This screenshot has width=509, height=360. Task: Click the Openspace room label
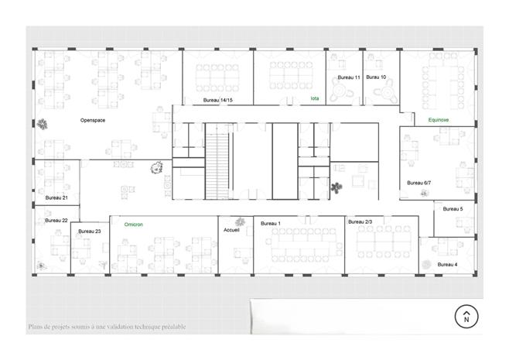tap(93, 120)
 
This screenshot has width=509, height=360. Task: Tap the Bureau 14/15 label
tap(218, 100)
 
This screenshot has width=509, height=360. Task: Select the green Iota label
tap(315, 98)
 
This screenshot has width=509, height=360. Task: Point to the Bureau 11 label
tap(349, 77)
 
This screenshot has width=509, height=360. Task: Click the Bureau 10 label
tap(376, 77)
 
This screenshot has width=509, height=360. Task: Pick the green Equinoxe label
tap(439, 120)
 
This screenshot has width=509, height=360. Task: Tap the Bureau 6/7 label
tap(418, 183)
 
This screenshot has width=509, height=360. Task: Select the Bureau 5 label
tap(453, 209)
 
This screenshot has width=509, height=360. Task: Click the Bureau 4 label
tap(447, 265)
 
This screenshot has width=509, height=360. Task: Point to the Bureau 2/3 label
tap(360, 222)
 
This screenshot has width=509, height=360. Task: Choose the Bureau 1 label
tap(271, 224)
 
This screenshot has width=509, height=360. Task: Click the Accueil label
tap(231, 230)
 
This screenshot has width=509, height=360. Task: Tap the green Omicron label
tap(133, 225)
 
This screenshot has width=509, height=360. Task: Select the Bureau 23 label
tap(90, 231)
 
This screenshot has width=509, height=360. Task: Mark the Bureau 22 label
tap(56, 221)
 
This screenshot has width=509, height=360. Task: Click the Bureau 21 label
tap(56, 198)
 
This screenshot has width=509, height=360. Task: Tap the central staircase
tap(217, 161)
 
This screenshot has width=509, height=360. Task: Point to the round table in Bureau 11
tap(340, 89)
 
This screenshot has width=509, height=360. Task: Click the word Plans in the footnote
tap(35, 327)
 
